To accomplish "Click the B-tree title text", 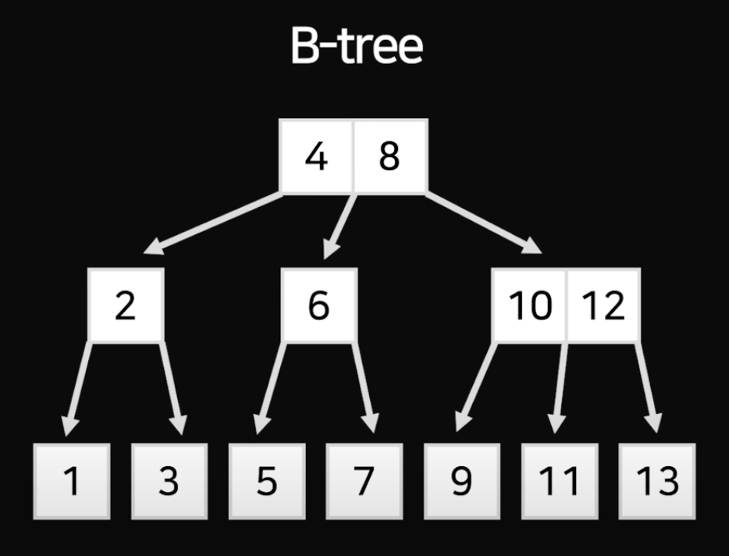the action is coord(356,48).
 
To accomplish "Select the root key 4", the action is coord(316,156).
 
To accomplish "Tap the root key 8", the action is coord(389,156).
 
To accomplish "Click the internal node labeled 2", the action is coord(125,305).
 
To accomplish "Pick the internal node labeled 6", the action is coord(318,305).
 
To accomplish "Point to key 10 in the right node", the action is coord(529,305).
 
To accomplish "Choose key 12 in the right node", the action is coord(603,305).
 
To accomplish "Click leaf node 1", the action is coord(72,481).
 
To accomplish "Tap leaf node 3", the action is coord(169,481).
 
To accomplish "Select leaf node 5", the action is coord(266,481).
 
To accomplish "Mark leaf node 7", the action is coord(363,481).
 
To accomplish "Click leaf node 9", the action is coord(461,481).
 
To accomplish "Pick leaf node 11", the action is coord(559,481).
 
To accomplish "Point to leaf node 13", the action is coord(656,481).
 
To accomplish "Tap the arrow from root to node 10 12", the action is coord(484,223).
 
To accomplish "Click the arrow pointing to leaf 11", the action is coord(559,387).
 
